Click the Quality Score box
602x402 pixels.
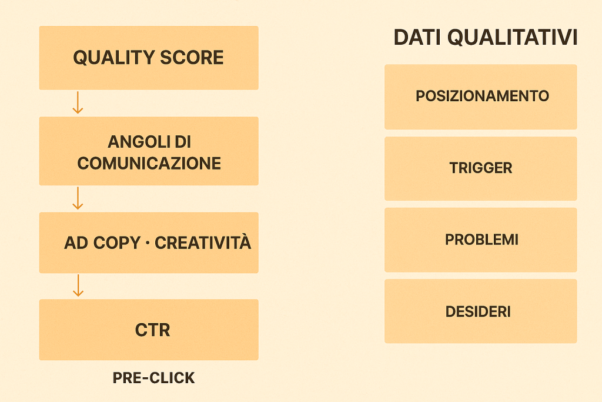(148, 58)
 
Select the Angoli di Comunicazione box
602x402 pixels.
(148, 151)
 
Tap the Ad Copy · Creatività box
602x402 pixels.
(148, 242)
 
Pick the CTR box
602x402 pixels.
(148, 330)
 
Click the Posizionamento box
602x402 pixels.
(480, 97)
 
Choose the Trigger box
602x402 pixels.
(480, 168)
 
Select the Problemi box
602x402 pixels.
(480, 240)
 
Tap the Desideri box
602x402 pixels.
(480, 311)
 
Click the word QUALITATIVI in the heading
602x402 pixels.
(512, 38)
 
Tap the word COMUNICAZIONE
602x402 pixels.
(149, 163)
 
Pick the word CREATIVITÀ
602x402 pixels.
(203, 242)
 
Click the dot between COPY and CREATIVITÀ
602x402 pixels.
(146, 242)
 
